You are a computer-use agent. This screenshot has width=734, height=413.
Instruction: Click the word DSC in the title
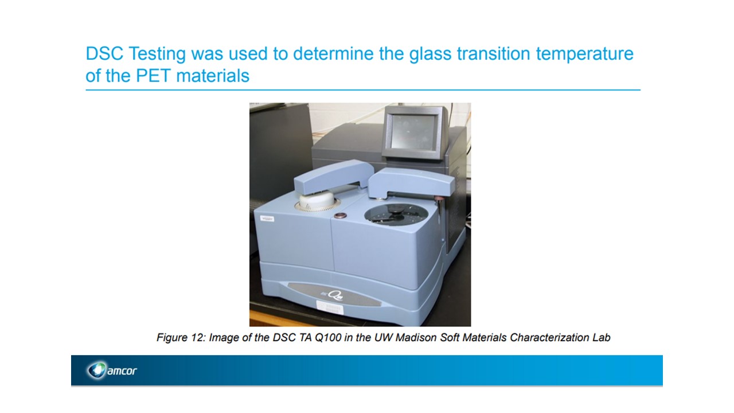tap(104, 53)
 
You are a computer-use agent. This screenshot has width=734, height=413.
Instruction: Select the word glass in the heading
tap(430, 54)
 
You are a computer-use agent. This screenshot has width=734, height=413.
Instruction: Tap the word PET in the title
tap(153, 76)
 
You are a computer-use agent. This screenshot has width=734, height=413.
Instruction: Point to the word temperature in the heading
tap(584, 54)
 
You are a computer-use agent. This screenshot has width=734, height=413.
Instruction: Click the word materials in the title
tap(213, 76)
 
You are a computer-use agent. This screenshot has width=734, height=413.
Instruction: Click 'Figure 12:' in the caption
tap(181, 338)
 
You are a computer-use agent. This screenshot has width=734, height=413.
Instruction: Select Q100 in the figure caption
tap(329, 338)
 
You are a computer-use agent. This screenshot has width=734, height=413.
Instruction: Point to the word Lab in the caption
tap(602, 337)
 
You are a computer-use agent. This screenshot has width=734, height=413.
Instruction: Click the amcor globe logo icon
tap(97, 370)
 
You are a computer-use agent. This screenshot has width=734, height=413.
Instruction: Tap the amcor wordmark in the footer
tap(122, 371)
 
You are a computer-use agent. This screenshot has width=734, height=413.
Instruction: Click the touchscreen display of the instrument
tap(413, 132)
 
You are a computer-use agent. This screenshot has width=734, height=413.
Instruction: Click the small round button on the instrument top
tap(341, 215)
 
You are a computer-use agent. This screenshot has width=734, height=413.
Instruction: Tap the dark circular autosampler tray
tap(396, 214)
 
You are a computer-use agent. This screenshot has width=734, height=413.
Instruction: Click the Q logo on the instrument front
tap(335, 295)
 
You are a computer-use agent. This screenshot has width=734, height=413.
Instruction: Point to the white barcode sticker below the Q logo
tap(329, 308)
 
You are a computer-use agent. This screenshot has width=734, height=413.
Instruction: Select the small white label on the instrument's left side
tap(267, 219)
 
